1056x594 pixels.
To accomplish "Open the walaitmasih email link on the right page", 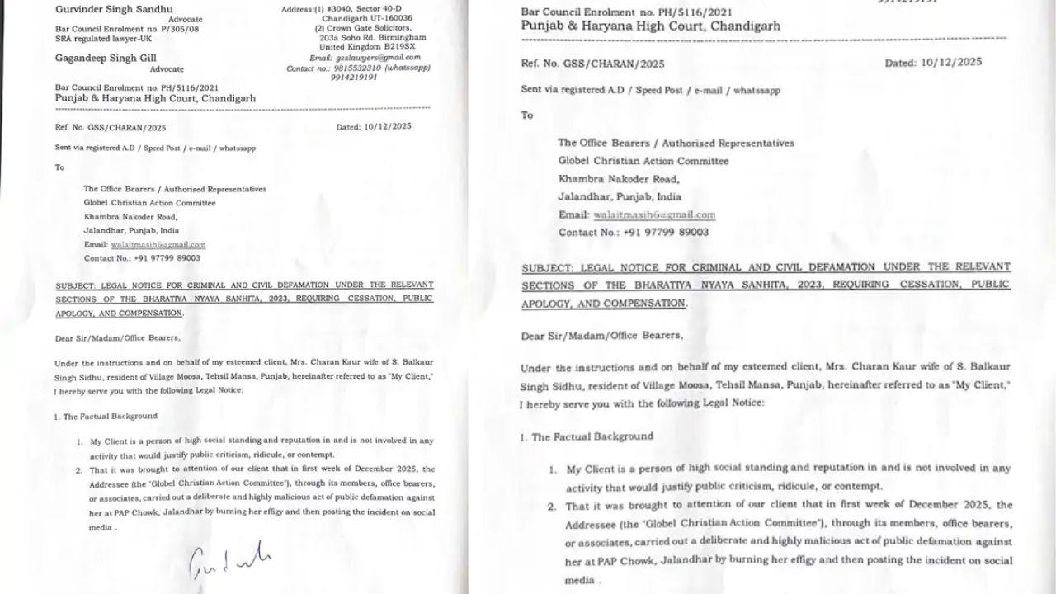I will coord(653,215).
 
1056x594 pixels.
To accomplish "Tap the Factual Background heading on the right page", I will coord(592,436).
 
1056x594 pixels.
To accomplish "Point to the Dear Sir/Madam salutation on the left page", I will coord(116,337).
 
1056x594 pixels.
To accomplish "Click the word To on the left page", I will coord(59,167).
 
